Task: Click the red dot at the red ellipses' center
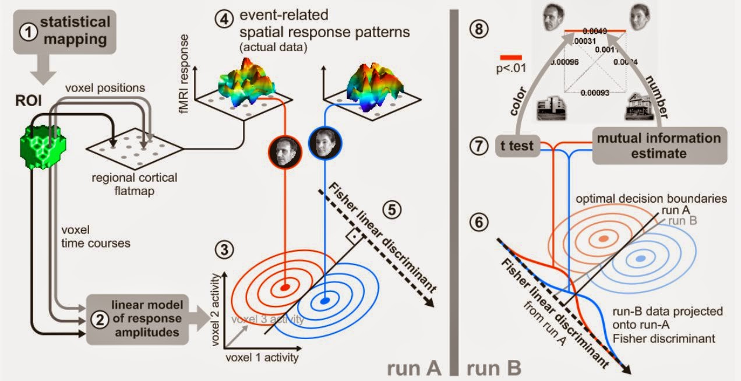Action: click(285, 287)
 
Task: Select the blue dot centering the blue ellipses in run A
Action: click(325, 301)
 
